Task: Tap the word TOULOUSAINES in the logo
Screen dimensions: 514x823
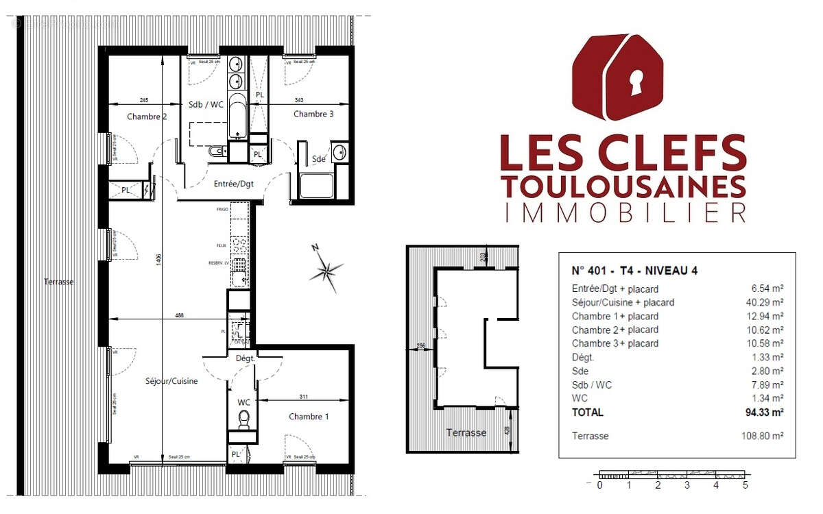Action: coord(623,186)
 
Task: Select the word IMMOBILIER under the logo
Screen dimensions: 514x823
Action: coord(623,212)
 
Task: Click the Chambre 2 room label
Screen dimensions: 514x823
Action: coord(147,117)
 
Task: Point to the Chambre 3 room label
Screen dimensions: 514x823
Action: coord(313,114)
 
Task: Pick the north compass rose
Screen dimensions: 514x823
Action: coord(326,271)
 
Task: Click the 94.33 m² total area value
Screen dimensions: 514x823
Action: coord(765,413)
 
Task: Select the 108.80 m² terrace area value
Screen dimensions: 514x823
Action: coord(763,436)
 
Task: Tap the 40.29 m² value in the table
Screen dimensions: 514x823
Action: coord(766,302)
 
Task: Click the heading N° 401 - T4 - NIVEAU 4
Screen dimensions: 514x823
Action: coord(634,270)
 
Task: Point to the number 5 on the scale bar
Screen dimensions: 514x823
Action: coord(745,486)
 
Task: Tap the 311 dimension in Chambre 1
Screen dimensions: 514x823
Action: coord(304,397)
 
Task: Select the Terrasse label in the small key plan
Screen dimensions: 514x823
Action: coord(466,432)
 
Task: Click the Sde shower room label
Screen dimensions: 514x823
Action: coord(319,159)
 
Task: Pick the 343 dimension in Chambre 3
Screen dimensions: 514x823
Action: coord(298,100)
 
